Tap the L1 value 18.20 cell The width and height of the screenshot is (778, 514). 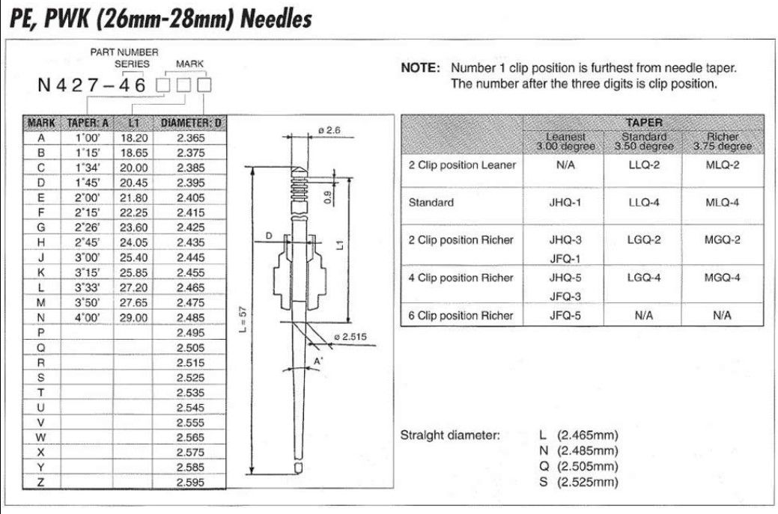[x=132, y=138]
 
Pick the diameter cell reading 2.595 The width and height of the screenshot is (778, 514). [x=189, y=483]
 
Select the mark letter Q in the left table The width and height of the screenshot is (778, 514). [x=41, y=348]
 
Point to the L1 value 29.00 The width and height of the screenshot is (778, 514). [x=132, y=318]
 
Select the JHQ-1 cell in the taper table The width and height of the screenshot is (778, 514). [x=565, y=203]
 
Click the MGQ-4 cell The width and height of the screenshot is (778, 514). [x=722, y=278]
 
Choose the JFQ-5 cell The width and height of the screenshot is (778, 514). [x=565, y=315]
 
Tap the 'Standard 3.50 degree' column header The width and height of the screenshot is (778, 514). [x=643, y=141]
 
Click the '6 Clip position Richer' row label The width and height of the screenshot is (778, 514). [x=461, y=315]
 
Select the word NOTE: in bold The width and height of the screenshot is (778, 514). [x=421, y=68]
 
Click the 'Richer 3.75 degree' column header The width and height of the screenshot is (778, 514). [x=722, y=141]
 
